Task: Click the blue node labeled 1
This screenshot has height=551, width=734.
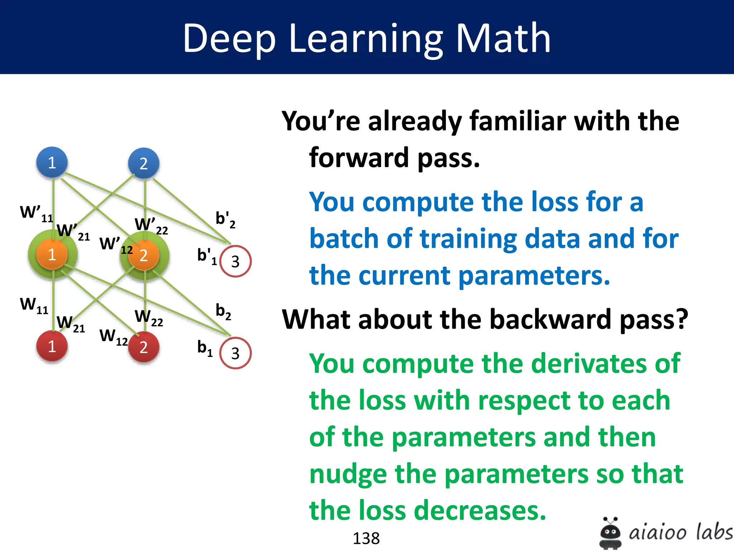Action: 52,163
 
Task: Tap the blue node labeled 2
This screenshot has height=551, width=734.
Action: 144,163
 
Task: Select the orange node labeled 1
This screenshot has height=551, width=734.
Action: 52,254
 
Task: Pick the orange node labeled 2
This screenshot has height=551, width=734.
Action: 144,255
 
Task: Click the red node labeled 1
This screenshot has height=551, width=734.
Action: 52,346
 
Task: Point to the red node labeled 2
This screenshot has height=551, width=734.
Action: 144,347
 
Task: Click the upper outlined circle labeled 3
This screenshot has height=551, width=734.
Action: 235,261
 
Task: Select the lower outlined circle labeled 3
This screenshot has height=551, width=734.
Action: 235,353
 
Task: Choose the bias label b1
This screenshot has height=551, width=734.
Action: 205,348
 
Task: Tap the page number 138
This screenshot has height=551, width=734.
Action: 366,538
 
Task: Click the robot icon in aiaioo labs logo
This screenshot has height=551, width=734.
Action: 610,533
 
